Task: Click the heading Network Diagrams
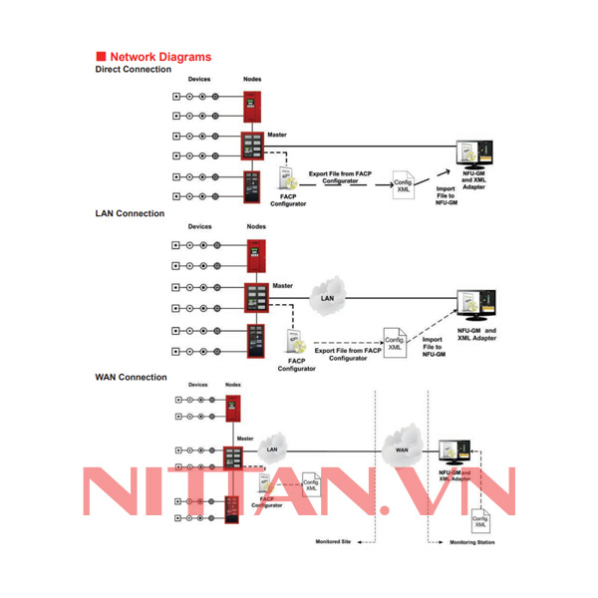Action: tap(159, 57)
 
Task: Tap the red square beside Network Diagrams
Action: tap(100, 57)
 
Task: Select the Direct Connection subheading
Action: tap(133, 69)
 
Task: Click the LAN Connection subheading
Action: tap(130, 213)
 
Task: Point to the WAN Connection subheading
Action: tap(131, 377)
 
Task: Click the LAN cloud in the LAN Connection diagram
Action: tap(326, 297)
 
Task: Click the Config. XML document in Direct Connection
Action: tap(403, 184)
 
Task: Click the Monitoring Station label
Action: tap(470, 542)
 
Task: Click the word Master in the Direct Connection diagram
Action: tap(278, 136)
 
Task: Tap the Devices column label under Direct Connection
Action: tap(199, 79)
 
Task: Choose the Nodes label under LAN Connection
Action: tap(256, 226)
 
